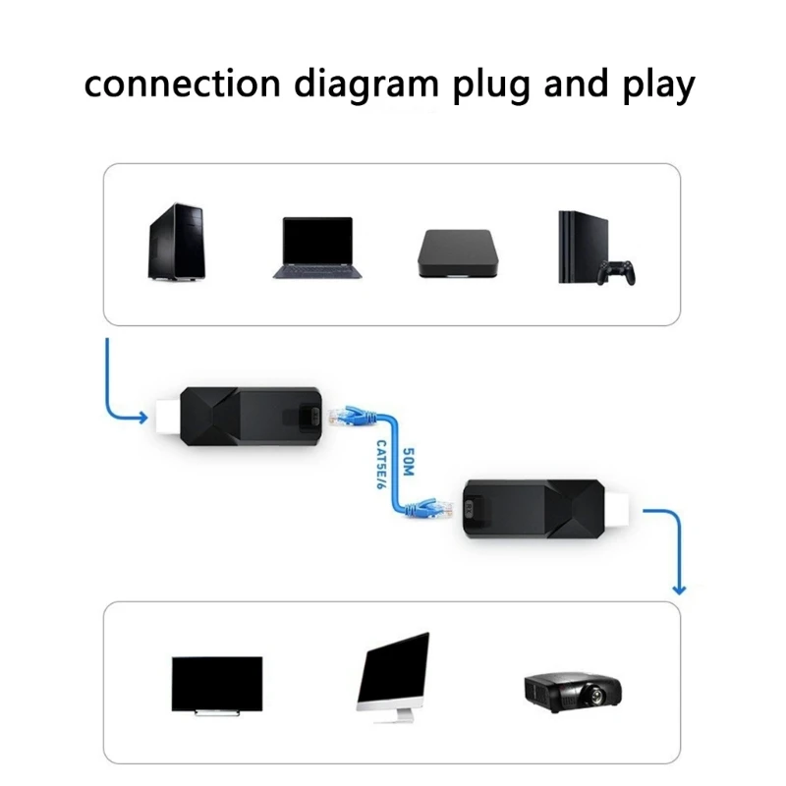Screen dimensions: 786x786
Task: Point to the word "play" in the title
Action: tap(656, 86)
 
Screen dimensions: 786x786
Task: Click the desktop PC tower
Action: tap(176, 243)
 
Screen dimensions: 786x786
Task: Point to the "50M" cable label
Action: tap(410, 465)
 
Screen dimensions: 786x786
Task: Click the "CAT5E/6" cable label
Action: tap(382, 466)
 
